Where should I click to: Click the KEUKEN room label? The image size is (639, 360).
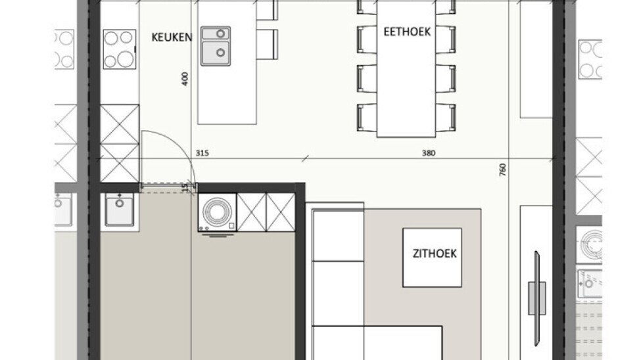[172, 37]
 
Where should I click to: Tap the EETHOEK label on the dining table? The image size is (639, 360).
[407, 32]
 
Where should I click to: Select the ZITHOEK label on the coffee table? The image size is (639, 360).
[435, 254]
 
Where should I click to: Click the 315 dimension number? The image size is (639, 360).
[202, 153]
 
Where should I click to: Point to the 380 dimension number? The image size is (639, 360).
[429, 153]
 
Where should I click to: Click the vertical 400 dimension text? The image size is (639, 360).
[185, 79]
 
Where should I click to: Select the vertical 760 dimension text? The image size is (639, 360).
[502, 170]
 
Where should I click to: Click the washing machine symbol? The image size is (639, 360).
[217, 213]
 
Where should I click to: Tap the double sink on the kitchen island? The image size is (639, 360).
[216, 46]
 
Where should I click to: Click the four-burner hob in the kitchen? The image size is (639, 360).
[119, 49]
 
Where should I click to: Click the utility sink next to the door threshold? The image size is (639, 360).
[119, 210]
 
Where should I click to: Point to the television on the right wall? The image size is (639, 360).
[537, 298]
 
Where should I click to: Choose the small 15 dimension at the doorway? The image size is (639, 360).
[185, 187]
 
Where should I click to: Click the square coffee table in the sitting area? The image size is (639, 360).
[432, 258]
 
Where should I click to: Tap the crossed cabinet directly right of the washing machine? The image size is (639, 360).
[251, 213]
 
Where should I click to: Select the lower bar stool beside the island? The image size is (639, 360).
[268, 44]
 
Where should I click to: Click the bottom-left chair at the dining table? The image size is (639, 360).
[367, 118]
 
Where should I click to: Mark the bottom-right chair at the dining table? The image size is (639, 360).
[446, 118]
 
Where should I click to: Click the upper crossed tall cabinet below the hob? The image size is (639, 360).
[120, 124]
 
